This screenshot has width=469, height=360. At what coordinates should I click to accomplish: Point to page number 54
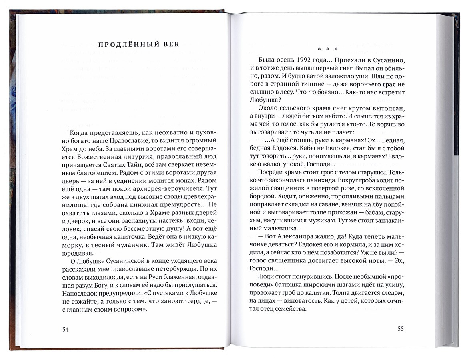click(x=66, y=329)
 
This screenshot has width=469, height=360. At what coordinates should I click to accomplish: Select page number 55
click(x=401, y=329)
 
